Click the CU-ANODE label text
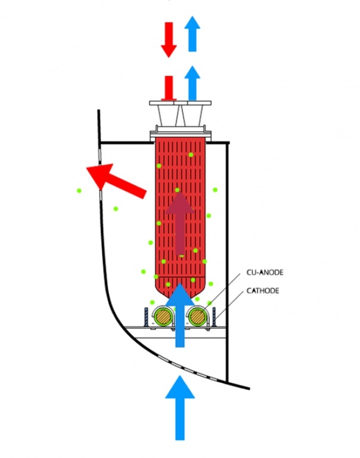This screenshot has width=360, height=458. point(265,272)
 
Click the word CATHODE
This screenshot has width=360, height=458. point(263,290)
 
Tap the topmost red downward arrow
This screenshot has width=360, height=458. point(169,40)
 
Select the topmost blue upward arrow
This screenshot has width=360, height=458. point(192,34)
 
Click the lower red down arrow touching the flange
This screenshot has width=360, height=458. point(169,88)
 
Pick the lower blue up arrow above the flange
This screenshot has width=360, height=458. point(192,83)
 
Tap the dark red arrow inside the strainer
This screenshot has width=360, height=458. point(179,224)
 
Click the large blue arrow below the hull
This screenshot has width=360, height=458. point(180,408)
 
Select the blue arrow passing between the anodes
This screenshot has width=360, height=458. point(180,315)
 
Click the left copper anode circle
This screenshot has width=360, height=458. point(163,316)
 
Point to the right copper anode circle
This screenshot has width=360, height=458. point(197,316)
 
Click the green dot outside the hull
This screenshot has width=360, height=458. point(79,191)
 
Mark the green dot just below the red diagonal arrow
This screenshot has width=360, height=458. point(116,209)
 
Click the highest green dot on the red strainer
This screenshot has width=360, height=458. point(191,155)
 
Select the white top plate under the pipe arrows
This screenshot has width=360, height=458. point(180,103)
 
